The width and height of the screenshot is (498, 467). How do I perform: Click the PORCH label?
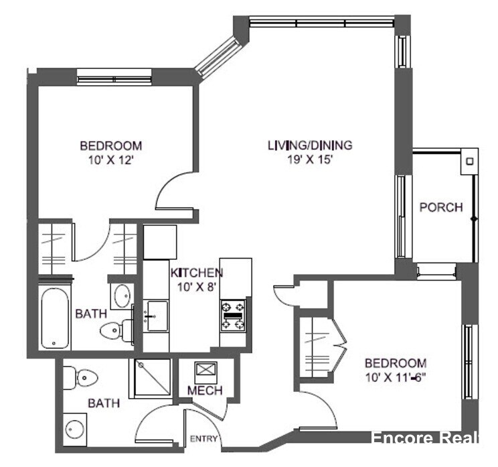[x=440, y=207]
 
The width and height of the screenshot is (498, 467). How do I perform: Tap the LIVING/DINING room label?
[x=310, y=145]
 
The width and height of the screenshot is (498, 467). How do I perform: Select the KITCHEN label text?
[x=196, y=273]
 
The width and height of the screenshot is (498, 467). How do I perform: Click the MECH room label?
[x=204, y=391]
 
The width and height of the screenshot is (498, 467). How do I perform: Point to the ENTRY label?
[x=204, y=439]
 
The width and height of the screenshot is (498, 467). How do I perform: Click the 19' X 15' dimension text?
[x=310, y=159]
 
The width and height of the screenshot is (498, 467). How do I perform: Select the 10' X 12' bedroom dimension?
[x=111, y=159]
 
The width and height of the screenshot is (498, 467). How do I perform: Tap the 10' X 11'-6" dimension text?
[x=396, y=377]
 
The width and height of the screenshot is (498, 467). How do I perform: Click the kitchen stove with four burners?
[x=233, y=315]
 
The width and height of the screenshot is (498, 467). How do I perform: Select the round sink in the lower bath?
[x=76, y=427]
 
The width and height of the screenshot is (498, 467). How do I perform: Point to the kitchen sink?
[x=157, y=314]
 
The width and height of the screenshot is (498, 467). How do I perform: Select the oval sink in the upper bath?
[x=122, y=295]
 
